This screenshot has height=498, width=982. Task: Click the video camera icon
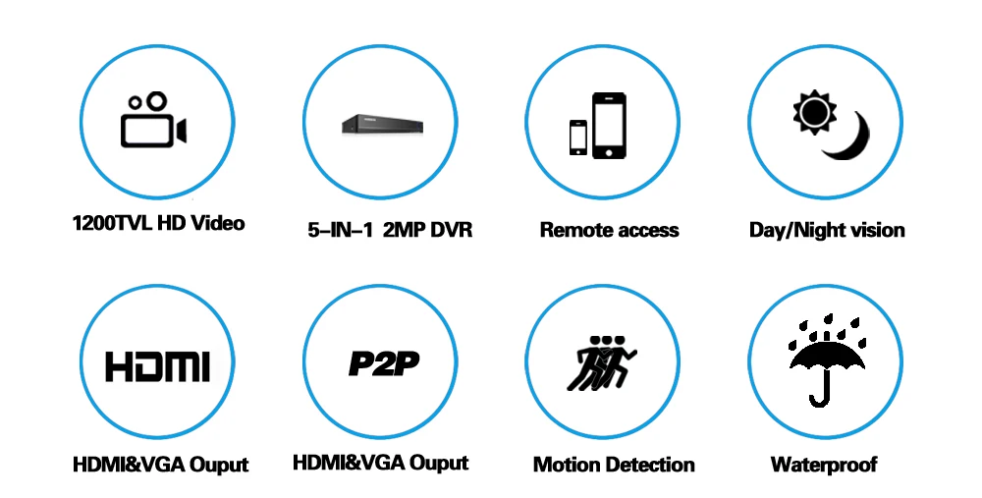pyautogui.click(x=153, y=120)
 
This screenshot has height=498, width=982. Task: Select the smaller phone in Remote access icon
pyautogui.click(x=578, y=138)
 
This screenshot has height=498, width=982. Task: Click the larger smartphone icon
pyautogui.click(x=609, y=126)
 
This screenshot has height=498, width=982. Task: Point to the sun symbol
pyautogui.click(x=814, y=112)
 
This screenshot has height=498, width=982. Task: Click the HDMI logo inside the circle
pyautogui.click(x=157, y=366)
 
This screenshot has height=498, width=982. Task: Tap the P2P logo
pyautogui.click(x=383, y=364)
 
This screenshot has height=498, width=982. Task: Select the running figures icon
pyautogui.click(x=601, y=362)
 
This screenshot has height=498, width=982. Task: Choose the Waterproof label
pyautogui.click(x=824, y=465)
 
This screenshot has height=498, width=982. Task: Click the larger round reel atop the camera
pyautogui.click(x=156, y=101)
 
